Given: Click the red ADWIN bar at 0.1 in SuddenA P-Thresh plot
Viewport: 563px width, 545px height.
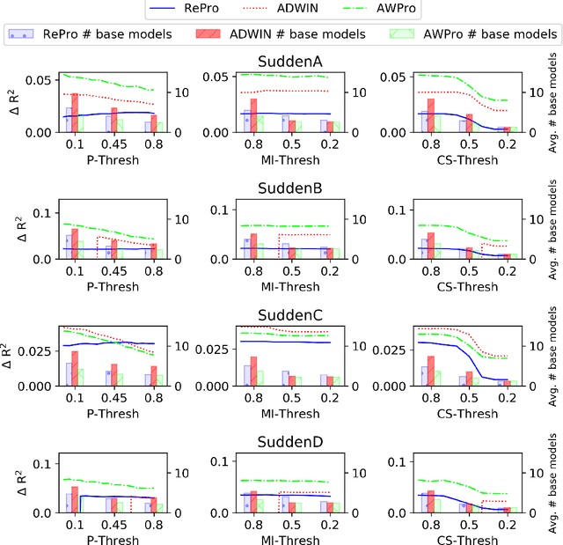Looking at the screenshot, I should [x=76, y=113].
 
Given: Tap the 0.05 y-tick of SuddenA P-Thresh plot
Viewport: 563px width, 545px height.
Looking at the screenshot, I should [x=39, y=81].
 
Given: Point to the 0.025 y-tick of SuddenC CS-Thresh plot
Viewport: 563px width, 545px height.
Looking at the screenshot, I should [x=394, y=350].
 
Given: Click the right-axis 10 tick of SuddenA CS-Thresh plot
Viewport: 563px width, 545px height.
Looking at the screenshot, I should [x=531, y=92].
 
